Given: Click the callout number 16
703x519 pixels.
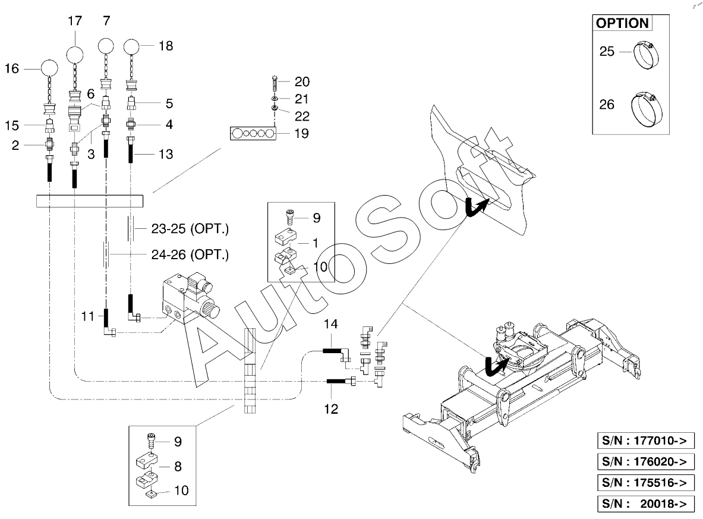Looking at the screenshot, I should (12, 68).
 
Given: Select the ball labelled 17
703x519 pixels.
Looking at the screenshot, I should (75, 55).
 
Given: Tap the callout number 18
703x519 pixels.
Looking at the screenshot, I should (166, 46).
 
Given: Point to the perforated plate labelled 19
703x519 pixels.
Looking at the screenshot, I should (254, 133).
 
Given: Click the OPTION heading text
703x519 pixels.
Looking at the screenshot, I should (622, 23).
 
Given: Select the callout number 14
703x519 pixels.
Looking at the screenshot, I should (330, 324).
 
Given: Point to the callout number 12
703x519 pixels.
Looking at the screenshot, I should (331, 408).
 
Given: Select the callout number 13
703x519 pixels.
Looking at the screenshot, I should (166, 155).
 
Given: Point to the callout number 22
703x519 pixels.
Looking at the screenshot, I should (302, 115).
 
